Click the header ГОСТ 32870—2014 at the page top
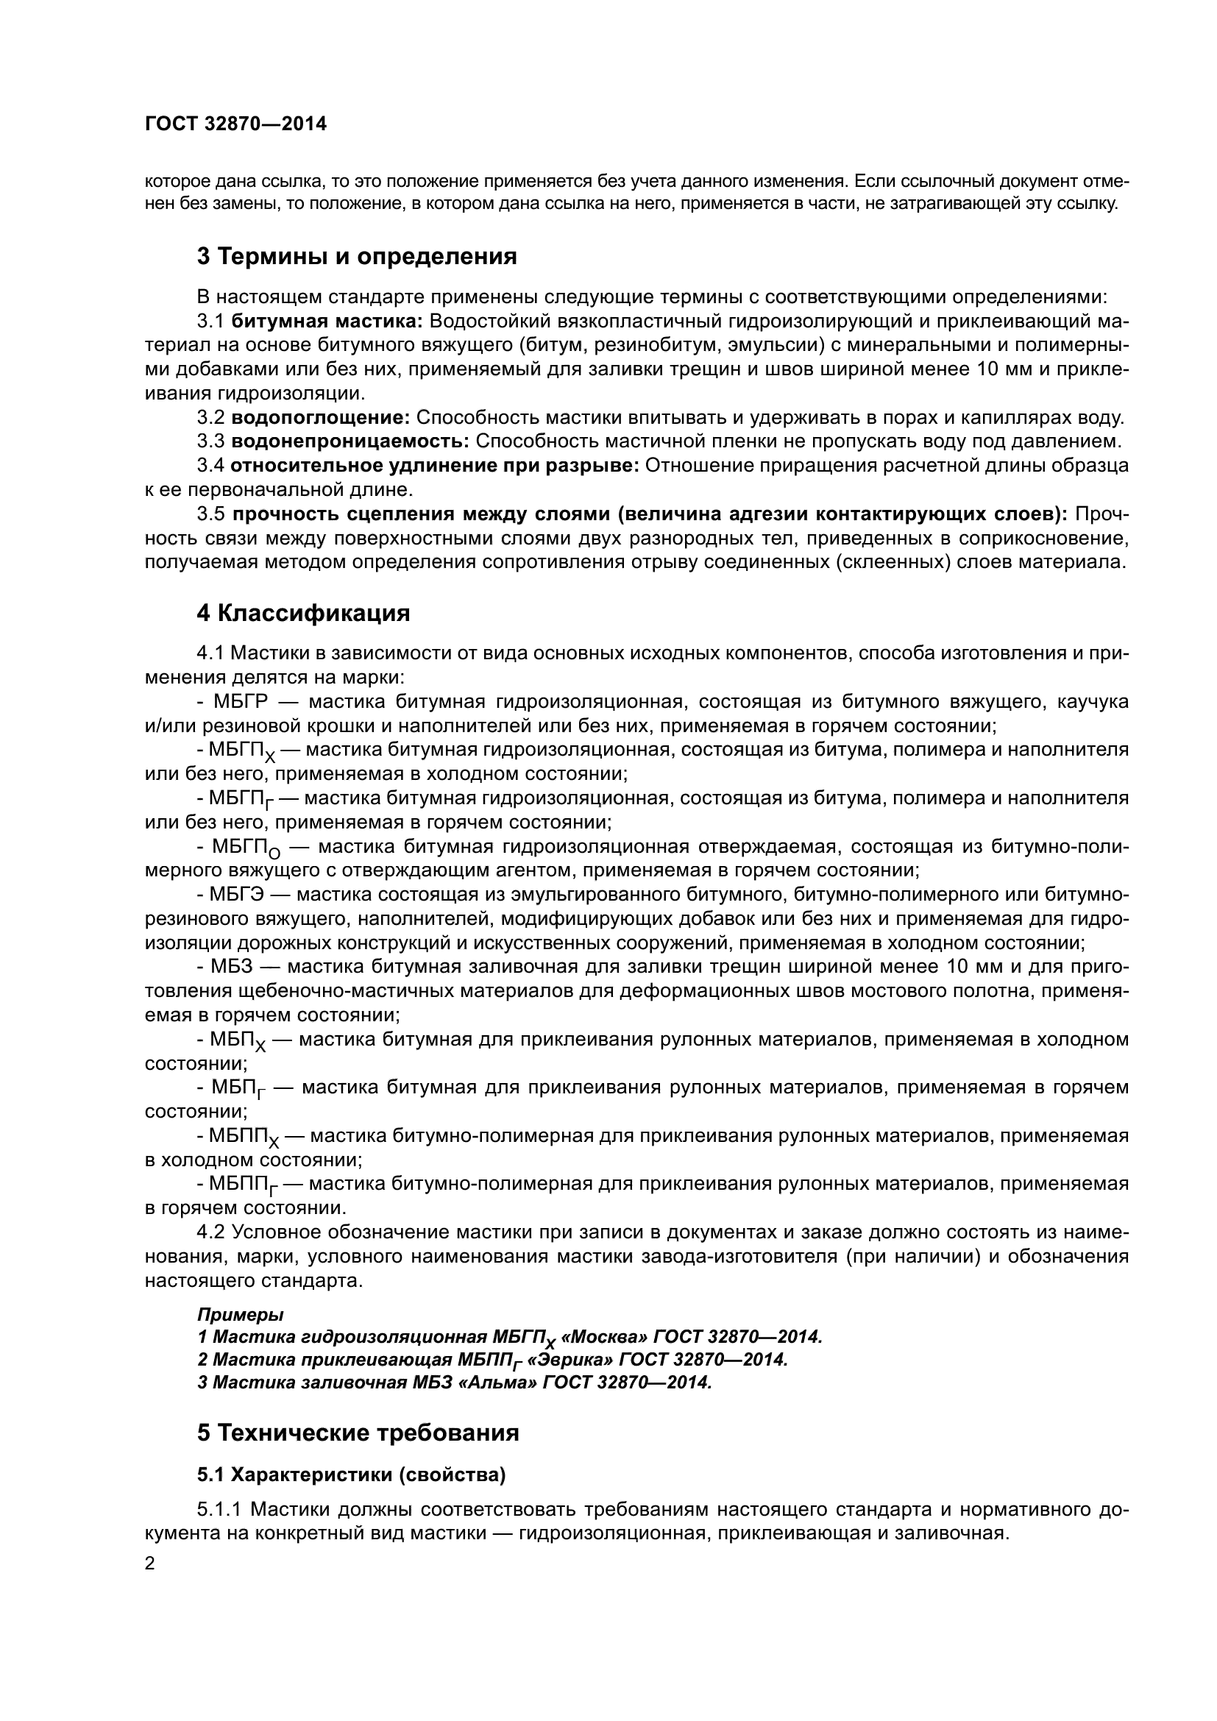235,124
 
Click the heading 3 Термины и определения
357,256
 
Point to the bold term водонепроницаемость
350,441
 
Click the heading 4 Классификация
303,613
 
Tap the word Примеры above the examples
241,1314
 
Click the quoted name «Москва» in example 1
606,1336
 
